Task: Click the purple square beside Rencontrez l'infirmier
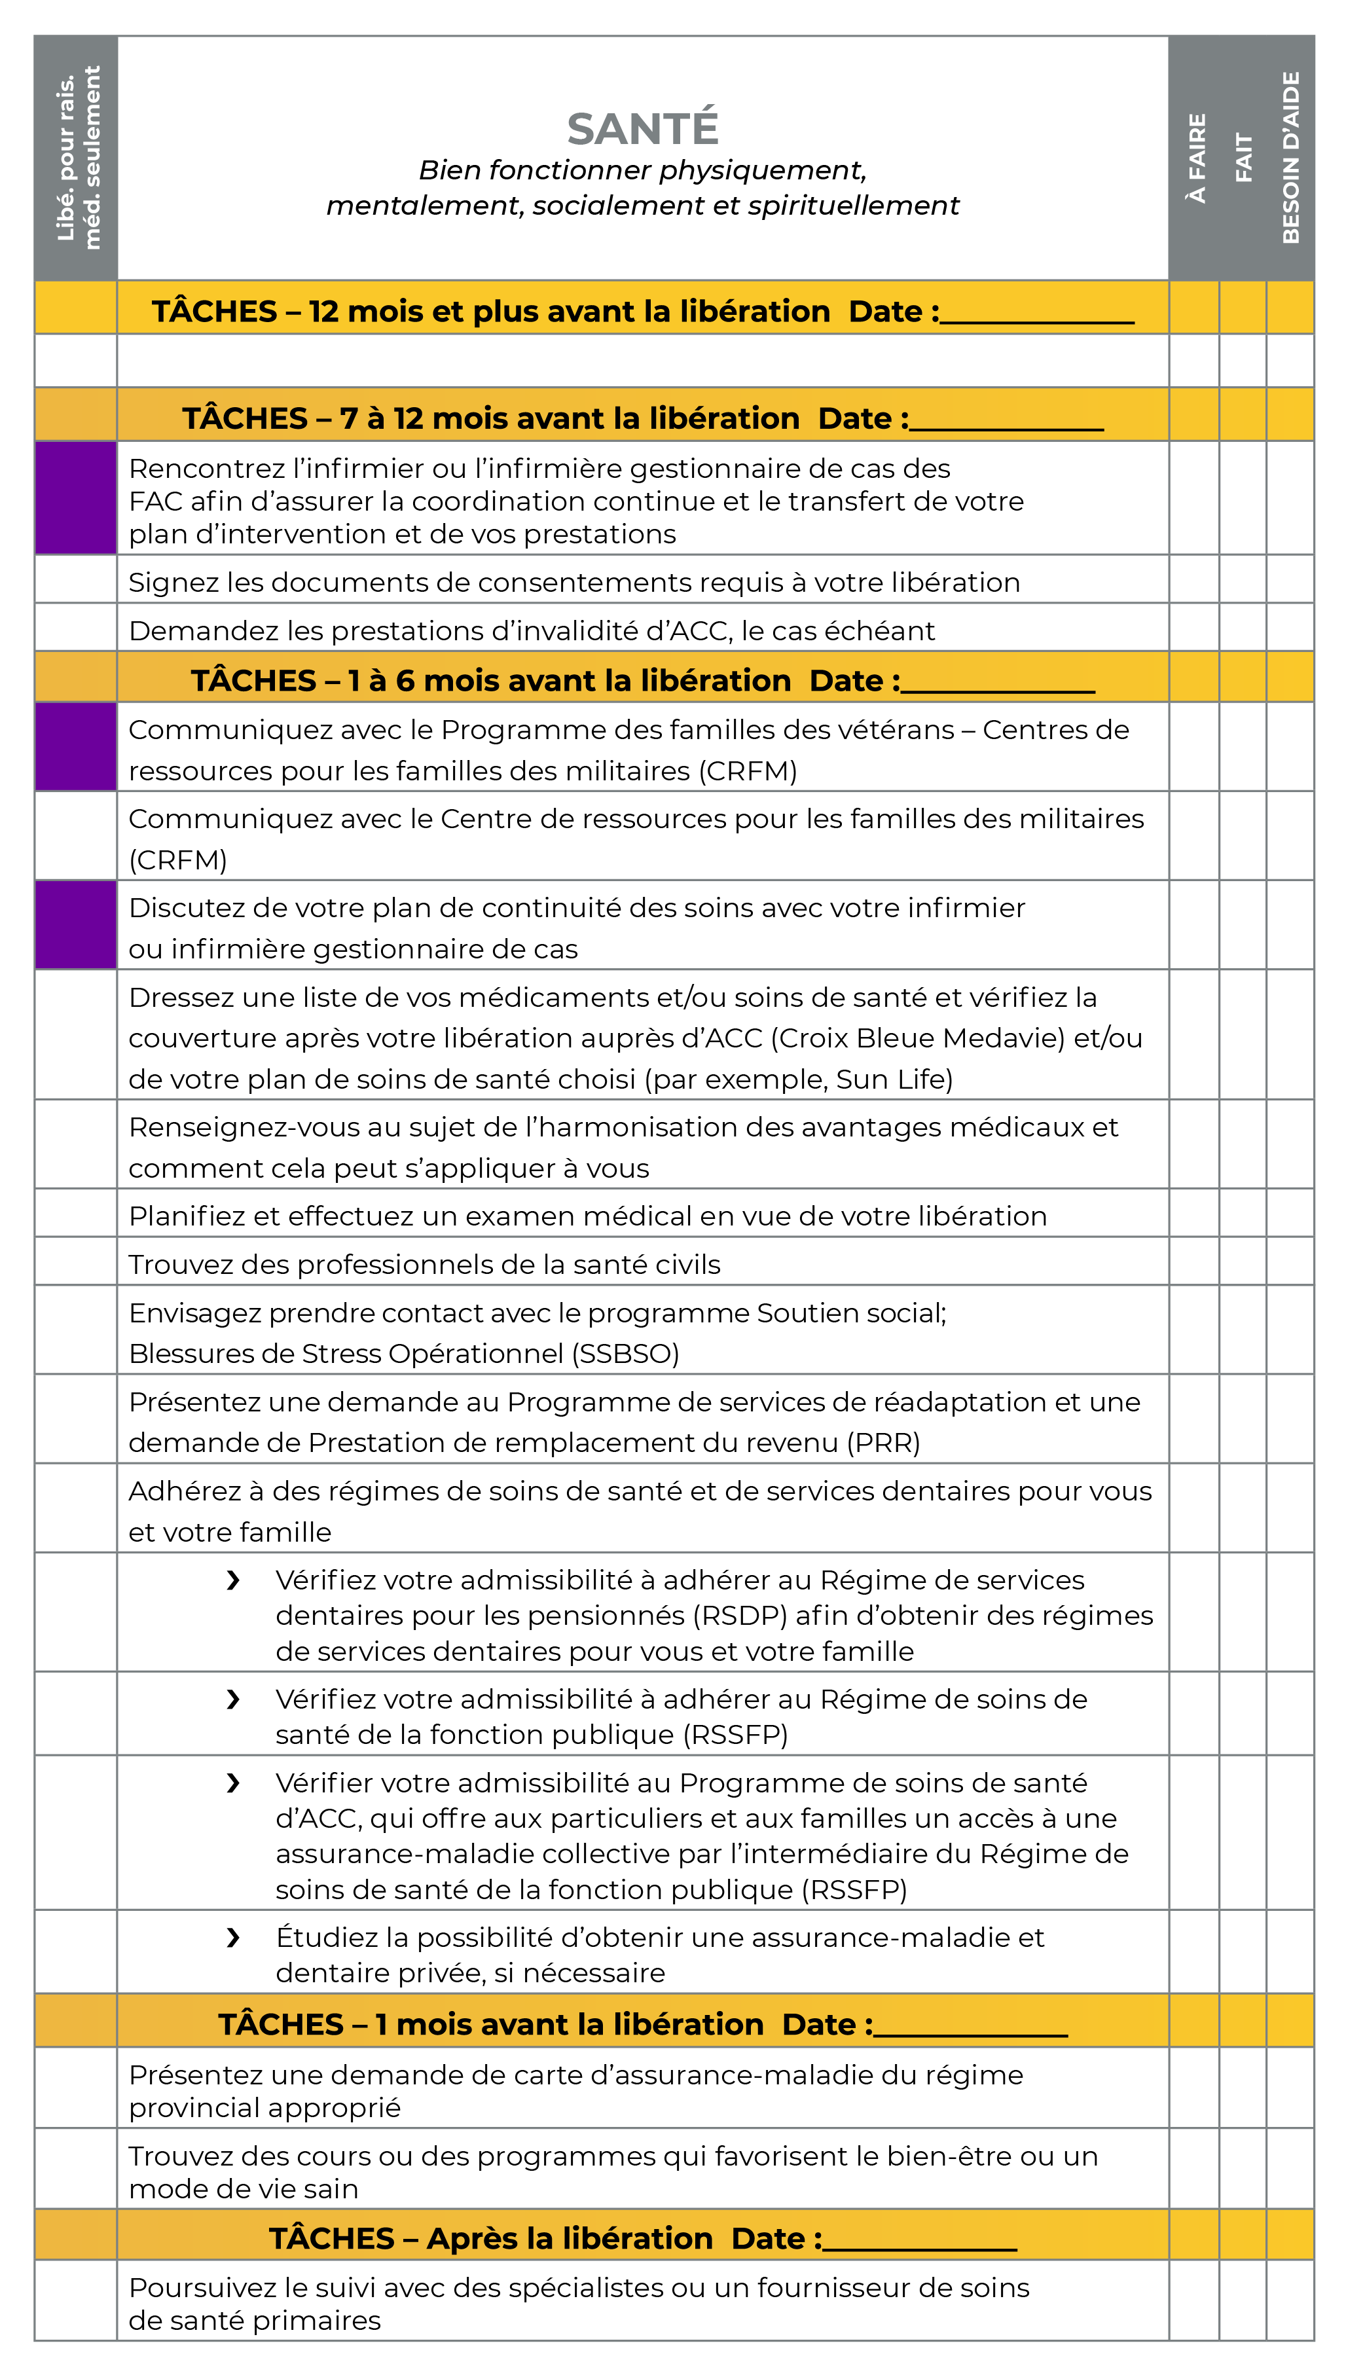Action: point(76,498)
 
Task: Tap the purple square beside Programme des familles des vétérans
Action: point(76,747)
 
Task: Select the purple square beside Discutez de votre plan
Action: point(76,925)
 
